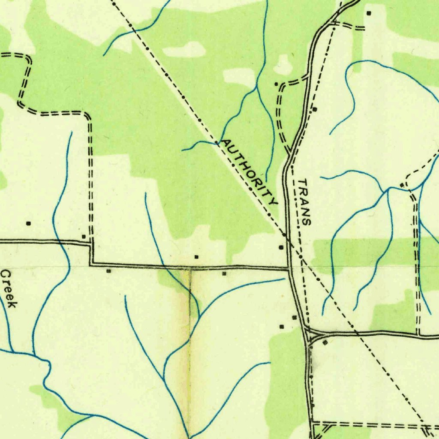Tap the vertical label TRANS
tap(304, 202)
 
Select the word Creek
tap(9, 288)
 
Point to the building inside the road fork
tap(325, 343)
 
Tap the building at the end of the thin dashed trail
tap(402, 185)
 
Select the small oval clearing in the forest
tap(184, 50)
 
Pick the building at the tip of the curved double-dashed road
tap(277, 84)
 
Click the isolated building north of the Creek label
tap(29, 223)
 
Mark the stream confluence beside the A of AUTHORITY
tap(216, 142)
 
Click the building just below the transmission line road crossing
tap(281, 247)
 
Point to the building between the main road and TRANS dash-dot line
tap(315, 109)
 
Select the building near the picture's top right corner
tap(369, 13)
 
